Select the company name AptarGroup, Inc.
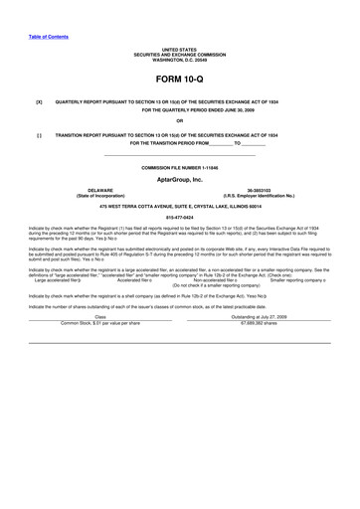tap(179, 179)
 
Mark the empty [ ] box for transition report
tap(39, 133)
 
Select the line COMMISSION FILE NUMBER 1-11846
tap(179, 168)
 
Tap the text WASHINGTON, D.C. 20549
tap(179, 58)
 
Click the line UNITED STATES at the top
tap(179, 48)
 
